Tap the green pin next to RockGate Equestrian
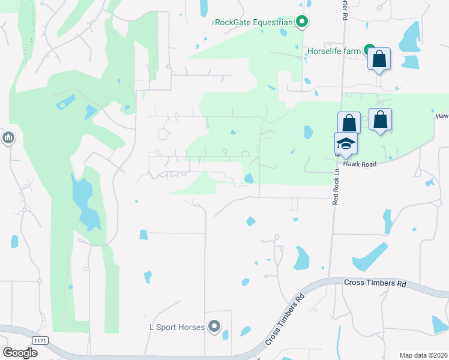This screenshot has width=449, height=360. click(x=303, y=23)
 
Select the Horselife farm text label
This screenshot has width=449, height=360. click(x=334, y=51)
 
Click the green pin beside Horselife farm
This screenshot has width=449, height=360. click(x=370, y=51)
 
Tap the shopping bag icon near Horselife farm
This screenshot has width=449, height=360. click(x=379, y=59)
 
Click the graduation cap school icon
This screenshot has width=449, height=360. click(x=346, y=143)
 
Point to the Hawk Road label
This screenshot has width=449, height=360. click(x=360, y=163)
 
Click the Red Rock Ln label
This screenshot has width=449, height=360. click(x=336, y=185)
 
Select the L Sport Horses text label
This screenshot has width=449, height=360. click(x=177, y=327)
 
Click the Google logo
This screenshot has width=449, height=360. click(x=20, y=353)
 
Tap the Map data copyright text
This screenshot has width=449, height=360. click(x=423, y=355)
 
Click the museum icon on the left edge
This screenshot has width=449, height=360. click(x=8, y=139)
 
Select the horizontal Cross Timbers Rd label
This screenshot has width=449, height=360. click(x=375, y=282)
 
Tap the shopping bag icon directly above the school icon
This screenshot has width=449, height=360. click(x=349, y=123)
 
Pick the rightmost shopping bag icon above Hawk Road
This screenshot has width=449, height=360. click(x=380, y=119)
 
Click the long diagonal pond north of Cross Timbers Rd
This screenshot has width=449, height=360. click(x=369, y=256)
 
